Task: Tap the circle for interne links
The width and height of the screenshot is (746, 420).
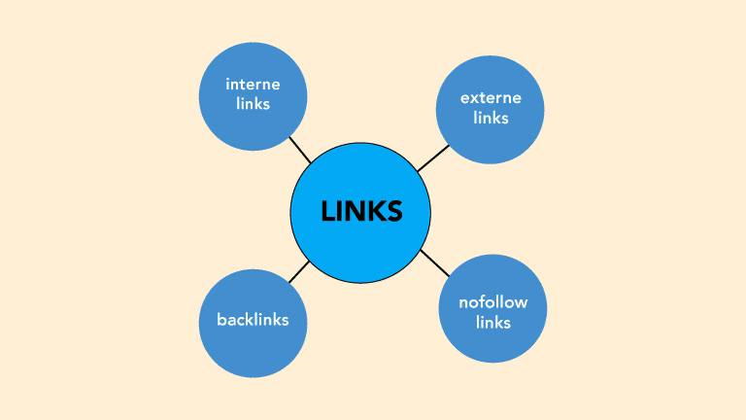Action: tap(253, 95)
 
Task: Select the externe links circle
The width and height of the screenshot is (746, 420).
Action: tap(491, 109)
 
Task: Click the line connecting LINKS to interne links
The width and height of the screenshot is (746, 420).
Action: tap(300, 149)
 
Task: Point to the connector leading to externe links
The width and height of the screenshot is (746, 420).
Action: tap(433, 158)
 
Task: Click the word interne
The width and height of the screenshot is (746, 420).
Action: tap(253, 86)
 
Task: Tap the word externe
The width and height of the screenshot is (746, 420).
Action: tap(492, 98)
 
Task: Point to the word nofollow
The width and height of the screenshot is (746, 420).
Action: tap(492, 302)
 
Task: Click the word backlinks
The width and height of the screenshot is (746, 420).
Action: tap(253, 319)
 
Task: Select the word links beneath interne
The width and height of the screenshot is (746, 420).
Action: tap(253, 104)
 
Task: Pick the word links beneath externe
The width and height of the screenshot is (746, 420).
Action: tap(492, 118)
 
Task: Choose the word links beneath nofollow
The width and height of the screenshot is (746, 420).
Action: tap(492, 322)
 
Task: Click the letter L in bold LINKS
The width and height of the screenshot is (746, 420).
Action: tap(327, 211)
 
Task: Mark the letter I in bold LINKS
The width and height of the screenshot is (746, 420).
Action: tap(340, 211)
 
